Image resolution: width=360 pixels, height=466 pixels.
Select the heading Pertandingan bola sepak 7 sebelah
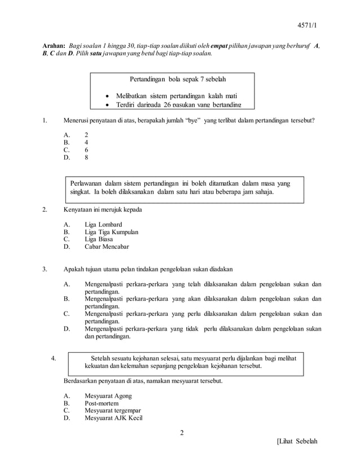point(172,78)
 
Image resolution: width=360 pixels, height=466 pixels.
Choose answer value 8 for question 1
point(86,158)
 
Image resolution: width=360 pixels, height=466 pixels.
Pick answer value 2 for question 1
point(86,135)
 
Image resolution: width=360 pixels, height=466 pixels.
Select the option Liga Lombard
point(103,224)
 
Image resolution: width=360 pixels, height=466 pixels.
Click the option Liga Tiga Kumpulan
point(111,231)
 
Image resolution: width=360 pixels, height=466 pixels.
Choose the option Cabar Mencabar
point(107,247)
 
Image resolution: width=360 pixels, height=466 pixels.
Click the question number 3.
point(45,269)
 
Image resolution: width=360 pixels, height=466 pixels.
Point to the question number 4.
point(53,357)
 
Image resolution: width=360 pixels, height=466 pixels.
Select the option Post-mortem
point(102,403)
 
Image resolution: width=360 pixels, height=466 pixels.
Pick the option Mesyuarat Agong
point(108,396)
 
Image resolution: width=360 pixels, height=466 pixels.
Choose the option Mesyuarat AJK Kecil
point(113,418)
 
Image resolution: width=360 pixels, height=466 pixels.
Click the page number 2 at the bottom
point(182,433)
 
